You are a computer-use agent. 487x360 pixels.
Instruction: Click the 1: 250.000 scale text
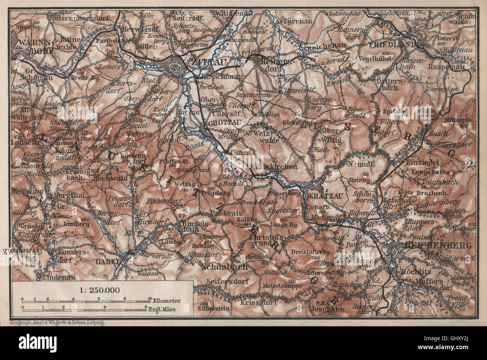coord(102,289)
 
